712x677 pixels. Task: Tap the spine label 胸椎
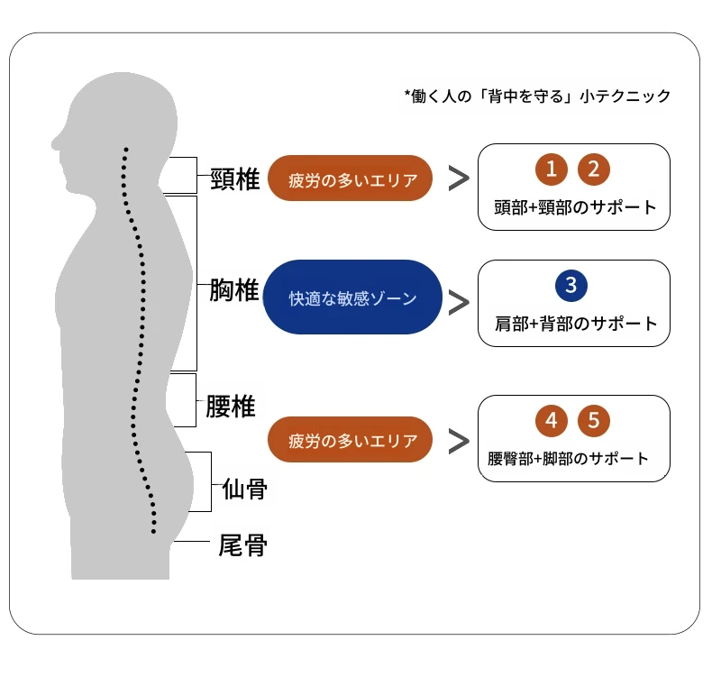point(233,290)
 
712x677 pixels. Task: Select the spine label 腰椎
point(231,407)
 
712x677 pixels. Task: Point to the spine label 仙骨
point(244,489)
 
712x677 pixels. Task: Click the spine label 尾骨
point(243,544)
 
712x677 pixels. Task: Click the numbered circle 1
point(551,169)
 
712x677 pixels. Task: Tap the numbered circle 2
point(594,169)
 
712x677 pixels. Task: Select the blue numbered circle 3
point(571,286)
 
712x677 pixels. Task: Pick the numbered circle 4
point(551,420)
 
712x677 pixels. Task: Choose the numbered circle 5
point(594,420)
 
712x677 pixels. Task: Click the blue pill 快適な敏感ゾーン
point(352,297)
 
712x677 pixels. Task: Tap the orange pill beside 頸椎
point(352,178)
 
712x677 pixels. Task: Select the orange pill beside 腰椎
point(352,441)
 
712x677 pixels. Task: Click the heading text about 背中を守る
point(538,96)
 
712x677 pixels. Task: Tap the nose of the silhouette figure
point(56,142)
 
